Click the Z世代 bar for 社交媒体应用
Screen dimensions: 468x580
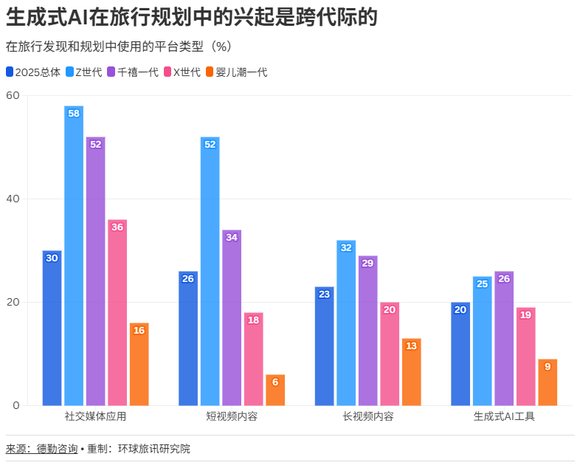click(74, 255)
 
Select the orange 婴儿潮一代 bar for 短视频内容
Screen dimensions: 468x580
click(275, 390)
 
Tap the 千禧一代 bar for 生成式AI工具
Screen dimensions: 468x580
click(504, 338)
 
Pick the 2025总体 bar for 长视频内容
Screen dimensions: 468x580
click(324, 345)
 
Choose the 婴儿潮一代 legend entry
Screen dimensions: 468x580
click(235, 72)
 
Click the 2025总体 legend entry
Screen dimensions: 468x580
click(32, 72)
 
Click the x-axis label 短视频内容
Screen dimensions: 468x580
click(232, 416)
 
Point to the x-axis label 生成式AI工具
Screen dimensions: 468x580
click(504, 416)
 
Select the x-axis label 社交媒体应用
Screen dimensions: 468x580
click(96, 416)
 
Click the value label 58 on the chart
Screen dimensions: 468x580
click(74, 114)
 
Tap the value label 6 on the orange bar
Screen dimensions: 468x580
click(275, 382)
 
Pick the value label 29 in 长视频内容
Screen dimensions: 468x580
click(367, 264)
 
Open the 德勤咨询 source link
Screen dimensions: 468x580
click(57, 449)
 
